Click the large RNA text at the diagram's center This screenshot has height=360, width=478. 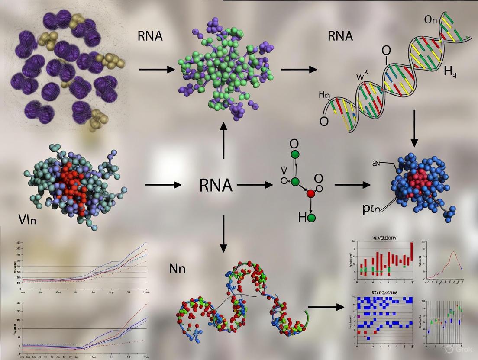point(216,186)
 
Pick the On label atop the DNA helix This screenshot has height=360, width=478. point(433,20)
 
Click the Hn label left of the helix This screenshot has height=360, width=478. point(325,95)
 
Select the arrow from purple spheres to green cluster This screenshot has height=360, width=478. point(156,69)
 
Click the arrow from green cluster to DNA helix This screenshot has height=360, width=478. point(299,69)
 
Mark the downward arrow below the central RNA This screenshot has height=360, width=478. point(223,234)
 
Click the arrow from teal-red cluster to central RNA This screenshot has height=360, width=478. point(163,185)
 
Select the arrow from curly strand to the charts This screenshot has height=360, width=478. point(324,308)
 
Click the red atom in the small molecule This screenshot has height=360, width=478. point(310,193)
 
